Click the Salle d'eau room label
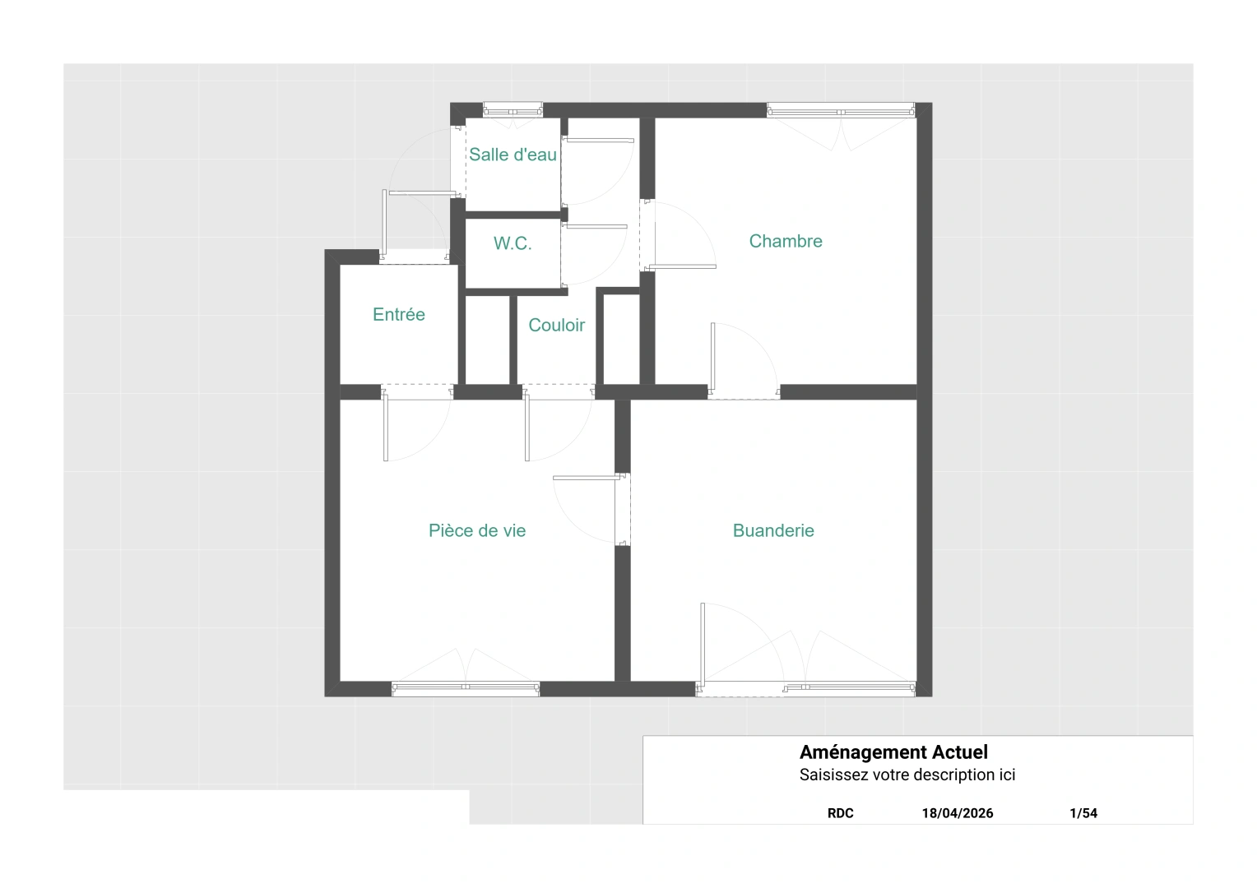pyautogui.click(x=513, y=155)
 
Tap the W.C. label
pyautogui.click(x=513, y=243)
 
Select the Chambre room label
pyautogui.click(x=786, y=241)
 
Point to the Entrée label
pyautogui.click(x=398, y=314)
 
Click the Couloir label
pyautogui.click(x=557, y=325)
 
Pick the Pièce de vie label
pyautogui.click(x=477, y=530)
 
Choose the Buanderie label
pyautogui.click(x=773, y=530)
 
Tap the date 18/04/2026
pyautogui.click(x=958, y=813)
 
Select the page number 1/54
pyautogui.click(x=1083, y=813)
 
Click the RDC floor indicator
pyautogui.click(x=840, y=813)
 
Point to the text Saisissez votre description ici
pyautogui.click(x=907, y=775)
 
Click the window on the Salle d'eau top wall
pyautogui.click(x=513, y=110)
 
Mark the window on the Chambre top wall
pyautogui.click(x=842, y=110)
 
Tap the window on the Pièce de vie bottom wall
pyautogui.click(x=465, y=689)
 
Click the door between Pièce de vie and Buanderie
pyautogui.click(x=622, y=509)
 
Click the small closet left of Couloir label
pyautogui.click(x=487, y=340)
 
